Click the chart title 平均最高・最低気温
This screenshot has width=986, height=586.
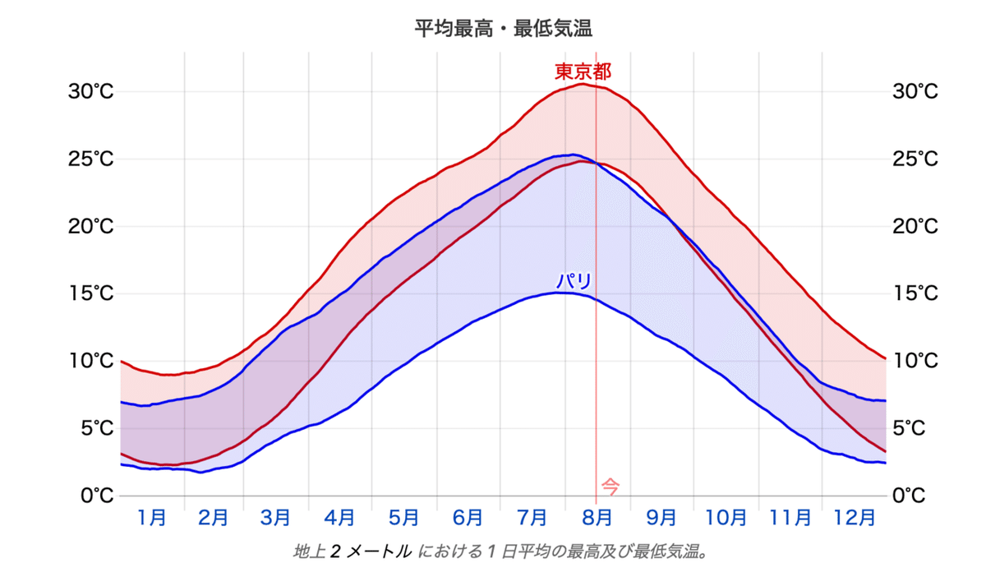(x=504, y=29)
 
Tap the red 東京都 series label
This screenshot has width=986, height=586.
(x=583, y=71)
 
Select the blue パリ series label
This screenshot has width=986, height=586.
(x=574, y=281)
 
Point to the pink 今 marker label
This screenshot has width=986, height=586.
(x=610, y=486)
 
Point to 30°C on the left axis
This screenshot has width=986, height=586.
(x=90, y=91)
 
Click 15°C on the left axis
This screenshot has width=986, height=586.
(x=90, y=293)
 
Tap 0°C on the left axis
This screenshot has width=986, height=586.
(x=96, y=496)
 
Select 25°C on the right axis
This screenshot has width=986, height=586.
(x=915, y=159)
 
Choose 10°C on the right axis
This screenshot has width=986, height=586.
(x=915, y=361)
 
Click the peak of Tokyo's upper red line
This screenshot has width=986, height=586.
(x=582, y=84)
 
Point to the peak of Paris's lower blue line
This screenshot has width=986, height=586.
(x=559, y=293)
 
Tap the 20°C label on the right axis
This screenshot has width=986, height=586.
(x=915, y=226)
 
